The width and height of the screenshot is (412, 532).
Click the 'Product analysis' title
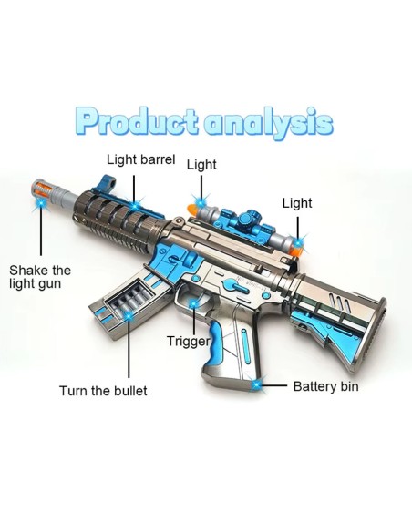tap(203, 121)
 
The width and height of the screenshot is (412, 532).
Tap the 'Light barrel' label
tap(141, 159)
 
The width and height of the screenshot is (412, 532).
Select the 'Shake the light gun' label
tap(40, 277)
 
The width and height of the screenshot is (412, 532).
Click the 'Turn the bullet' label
tap(103, 391)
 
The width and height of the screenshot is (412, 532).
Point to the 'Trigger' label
tap(189, 341)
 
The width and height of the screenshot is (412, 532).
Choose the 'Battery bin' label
tap(325, 386)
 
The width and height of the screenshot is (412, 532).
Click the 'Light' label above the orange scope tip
tap(201, 165)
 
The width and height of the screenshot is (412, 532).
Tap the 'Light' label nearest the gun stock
tap(297, 203)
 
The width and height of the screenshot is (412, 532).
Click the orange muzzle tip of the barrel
tap(40, 189)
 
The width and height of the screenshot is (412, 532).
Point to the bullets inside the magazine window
tap(129, 299)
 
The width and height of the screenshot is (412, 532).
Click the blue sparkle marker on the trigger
tap(193, 303)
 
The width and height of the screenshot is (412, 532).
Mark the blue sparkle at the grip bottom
tap(257, 384)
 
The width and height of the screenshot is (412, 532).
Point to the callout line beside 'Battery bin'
tap(273, 385)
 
